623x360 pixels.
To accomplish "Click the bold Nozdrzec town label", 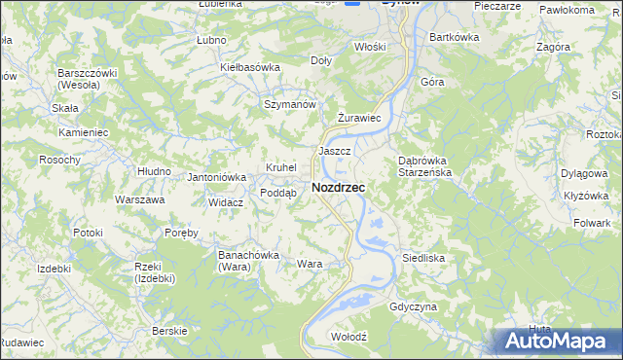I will [339, 187].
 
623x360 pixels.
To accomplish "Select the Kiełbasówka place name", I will [250, 67].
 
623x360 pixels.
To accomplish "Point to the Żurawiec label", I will [356, 118].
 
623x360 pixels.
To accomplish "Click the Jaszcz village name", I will [334, 152].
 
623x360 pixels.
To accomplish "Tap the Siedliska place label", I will [423, 259].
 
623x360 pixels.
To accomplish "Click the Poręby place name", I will [181, 233].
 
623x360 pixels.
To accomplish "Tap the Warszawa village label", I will [139, 199].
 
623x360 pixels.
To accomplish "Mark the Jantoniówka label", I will [216, 177].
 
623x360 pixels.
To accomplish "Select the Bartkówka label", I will [455, 37].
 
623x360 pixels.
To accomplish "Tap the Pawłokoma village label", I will [567, 10].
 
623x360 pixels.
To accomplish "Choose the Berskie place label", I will [169, 331].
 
